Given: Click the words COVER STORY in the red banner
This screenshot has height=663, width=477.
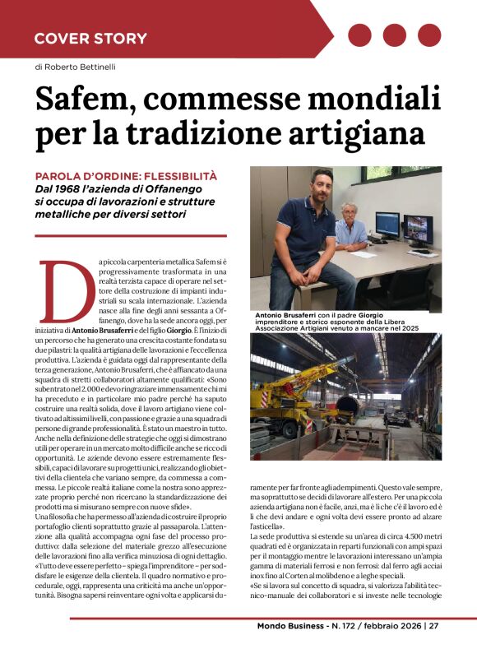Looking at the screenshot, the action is pyautogui.click(x=90, y=38).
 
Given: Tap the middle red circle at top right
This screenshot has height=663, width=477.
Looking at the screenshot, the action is pyautogui.click(x=395, y=35).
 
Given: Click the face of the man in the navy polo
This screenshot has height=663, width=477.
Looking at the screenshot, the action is pyautogui.click(x=322, y=187).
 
